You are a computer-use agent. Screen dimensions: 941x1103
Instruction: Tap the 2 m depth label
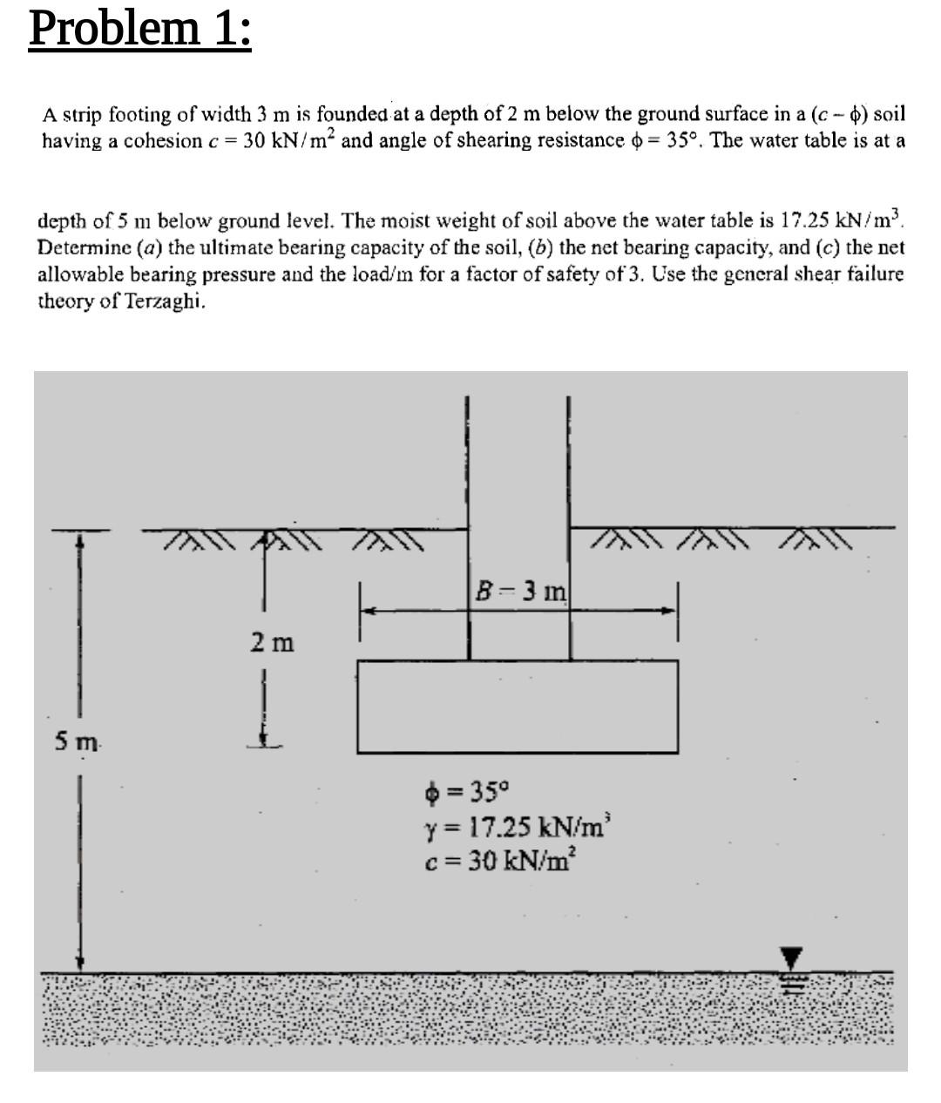[272, 643]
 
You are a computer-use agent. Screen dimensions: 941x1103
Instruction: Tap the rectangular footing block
[518, 706]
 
